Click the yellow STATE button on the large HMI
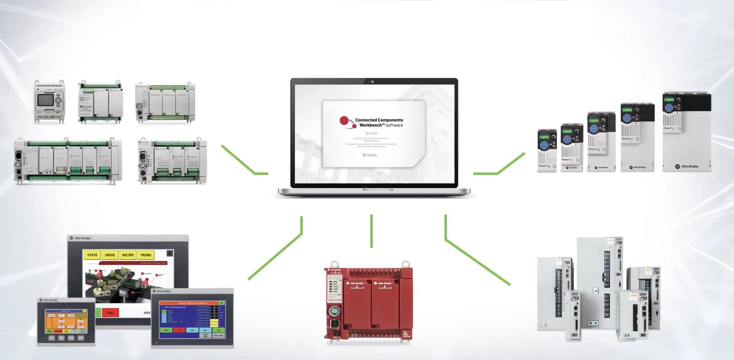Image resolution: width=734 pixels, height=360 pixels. click(92, 255)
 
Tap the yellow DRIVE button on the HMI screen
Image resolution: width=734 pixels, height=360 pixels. click(110, 255)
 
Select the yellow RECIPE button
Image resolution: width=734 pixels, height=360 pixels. click(128, 255)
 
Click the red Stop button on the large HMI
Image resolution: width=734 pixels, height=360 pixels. click(110, 312)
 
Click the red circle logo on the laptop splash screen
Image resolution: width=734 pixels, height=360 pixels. click(345, 121)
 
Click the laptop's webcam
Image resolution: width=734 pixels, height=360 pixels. click(372, 82)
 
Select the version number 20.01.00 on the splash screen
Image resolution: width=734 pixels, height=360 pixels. click(371, 133)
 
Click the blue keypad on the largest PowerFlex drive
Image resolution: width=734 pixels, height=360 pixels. click(669, 108)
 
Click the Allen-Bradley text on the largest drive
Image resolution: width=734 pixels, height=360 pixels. click(690, 167)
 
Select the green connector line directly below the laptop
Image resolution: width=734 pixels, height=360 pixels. click(371, 231)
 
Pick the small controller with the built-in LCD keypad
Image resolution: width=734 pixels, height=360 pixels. click(50, 101)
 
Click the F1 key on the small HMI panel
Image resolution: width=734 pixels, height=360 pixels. click(52, 338)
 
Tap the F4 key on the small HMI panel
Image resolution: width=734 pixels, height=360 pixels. click(81, 338)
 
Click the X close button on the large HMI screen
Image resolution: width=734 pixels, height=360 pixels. click(170, 253)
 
